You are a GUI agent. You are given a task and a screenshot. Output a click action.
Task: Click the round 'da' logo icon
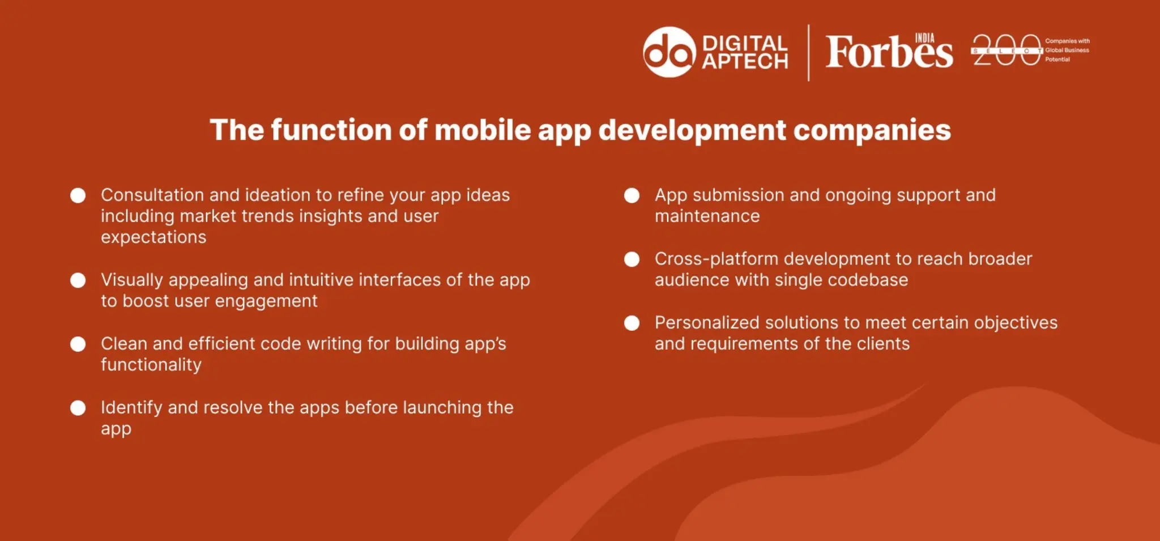[669, 52]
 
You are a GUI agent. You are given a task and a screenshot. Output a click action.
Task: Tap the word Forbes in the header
[888, 53]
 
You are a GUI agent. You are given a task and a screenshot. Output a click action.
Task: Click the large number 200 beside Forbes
[1007, 50]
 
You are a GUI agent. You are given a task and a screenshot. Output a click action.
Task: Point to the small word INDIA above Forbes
[924, 38]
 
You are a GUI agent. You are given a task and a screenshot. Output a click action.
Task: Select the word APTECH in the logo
[745, 61]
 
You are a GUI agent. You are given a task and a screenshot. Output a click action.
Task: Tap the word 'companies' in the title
[872, 130]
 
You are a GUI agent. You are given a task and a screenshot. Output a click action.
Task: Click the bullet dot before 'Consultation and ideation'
[78, 195]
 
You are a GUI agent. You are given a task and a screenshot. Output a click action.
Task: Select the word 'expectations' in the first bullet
[153, 237]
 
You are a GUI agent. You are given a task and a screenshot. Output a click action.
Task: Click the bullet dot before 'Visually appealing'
[78, 280]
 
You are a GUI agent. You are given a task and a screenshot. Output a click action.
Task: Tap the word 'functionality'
[151, 365]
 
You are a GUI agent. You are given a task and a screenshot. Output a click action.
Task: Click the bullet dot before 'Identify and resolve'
[78, 408]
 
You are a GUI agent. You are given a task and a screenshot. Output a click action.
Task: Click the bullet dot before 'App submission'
[632, 195]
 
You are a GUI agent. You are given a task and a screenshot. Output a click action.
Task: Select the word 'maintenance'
[707, 216]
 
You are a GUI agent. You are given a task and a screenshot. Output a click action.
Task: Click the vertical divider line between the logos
[808, 53]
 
